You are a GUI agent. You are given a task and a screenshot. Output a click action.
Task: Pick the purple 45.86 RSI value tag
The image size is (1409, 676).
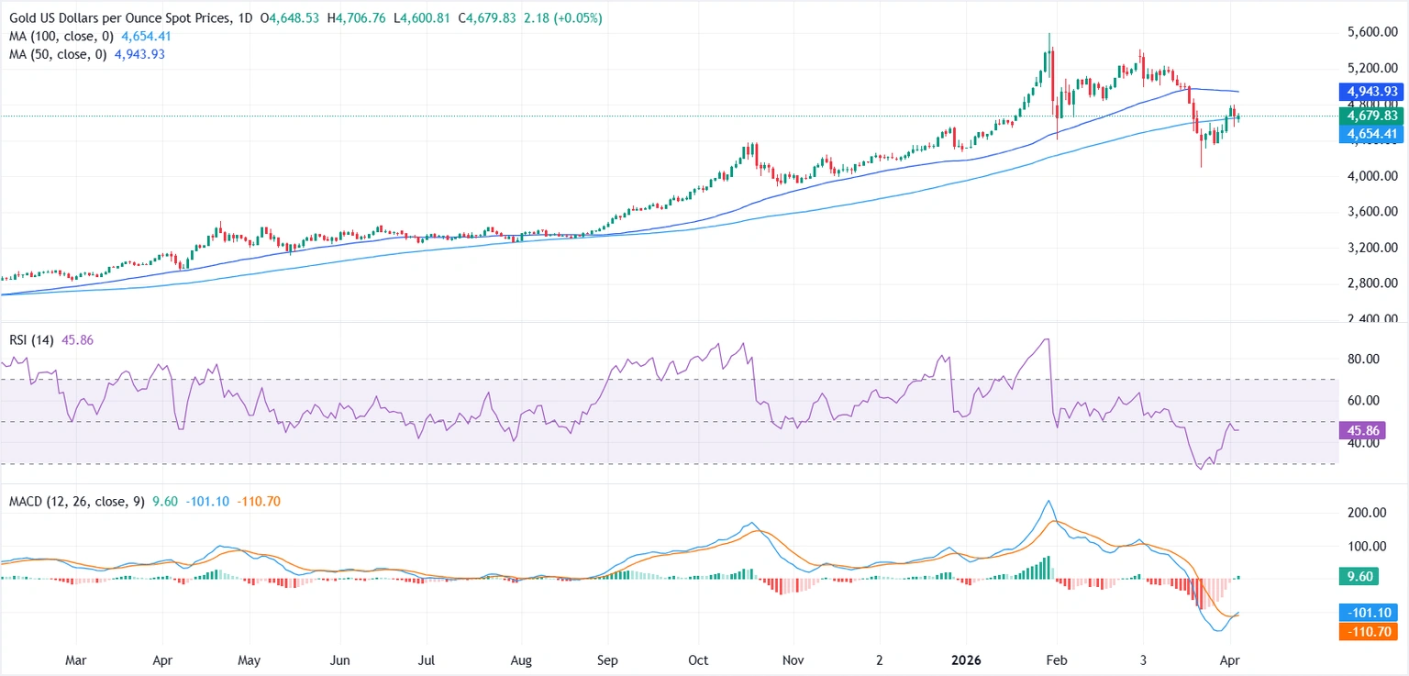pyautogui.click(x=1360, y=429)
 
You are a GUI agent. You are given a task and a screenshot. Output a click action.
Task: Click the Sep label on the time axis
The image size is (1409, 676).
pyautogui.click(x=607, y=659)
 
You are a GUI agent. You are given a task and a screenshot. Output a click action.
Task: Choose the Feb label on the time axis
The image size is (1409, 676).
pyautogui.click(x=1056, y=659)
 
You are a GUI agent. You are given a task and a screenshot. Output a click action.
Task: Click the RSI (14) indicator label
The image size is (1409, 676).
pyautogui.click(x=28, y=340)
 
